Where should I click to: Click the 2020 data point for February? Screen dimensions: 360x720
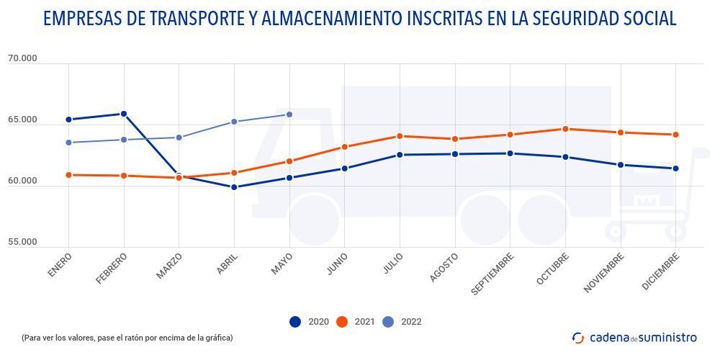(124, 114)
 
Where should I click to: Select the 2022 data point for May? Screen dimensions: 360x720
(289, 114)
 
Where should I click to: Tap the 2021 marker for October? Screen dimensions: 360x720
(565, 129)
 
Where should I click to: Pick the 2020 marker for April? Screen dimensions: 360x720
(234, 187)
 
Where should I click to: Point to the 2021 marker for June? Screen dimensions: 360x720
(345, 147)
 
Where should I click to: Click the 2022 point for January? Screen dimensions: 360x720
(68, 143)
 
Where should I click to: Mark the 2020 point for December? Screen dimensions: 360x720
(675, 168)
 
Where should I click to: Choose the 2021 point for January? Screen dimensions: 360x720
(68, 175)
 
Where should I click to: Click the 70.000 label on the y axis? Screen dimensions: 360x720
(22, 59)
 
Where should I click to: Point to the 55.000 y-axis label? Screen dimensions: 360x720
(22, 243)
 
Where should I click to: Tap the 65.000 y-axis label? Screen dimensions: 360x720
(22, 120)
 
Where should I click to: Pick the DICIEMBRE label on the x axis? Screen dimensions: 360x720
(661, 271)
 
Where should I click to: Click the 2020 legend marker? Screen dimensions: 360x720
(295, 322)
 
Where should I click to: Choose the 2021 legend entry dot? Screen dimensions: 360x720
(342, 322)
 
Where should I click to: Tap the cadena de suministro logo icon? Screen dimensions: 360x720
(578, 337)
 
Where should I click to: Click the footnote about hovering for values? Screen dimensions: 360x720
(127, 337)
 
